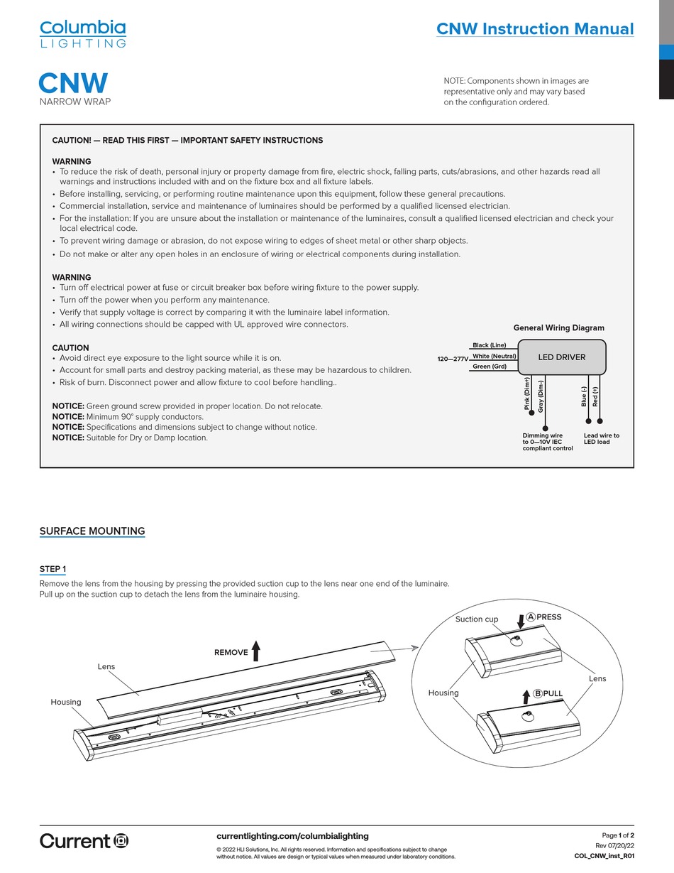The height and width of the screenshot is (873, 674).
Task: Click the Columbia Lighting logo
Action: click(82, 33)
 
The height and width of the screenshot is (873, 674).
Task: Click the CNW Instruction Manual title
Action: click(534, 29)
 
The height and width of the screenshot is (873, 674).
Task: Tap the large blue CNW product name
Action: click(73, 83)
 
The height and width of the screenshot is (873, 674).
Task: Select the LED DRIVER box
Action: click(562, 357)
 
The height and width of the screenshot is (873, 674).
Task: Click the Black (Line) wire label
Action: click(489, 345)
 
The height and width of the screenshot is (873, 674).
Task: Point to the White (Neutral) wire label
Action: click(494, 356)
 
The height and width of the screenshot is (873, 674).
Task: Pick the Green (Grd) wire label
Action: click(489, 367)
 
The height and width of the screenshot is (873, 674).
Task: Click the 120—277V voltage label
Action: click(453, 359)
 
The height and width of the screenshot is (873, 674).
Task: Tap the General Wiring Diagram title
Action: click(558, 328)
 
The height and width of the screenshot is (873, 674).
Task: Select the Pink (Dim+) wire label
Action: click(527, 394)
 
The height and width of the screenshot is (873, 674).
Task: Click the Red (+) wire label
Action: click(595, 396)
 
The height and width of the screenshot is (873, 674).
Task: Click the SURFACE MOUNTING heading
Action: click(92, 531)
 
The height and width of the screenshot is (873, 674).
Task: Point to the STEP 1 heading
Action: click(53, 569)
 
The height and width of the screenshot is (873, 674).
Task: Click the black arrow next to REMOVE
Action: click(256, 651)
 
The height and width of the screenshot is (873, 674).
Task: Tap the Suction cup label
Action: click(477, 619)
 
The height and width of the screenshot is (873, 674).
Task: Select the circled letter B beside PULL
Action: click(537, 693)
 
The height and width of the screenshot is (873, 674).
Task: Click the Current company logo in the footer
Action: click(84, 841)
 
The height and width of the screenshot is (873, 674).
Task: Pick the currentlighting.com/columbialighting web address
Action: click(292, 836)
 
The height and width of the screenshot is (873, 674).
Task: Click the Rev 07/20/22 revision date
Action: click(614, 845)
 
